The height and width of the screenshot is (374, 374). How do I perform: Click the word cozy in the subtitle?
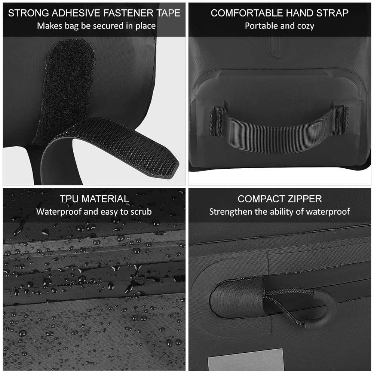tap(305, 26)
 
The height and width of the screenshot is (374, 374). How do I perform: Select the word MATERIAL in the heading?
tap(105, 199)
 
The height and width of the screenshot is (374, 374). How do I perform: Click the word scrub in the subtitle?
tap(141, 212)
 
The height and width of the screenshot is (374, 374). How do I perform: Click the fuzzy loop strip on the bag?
tap(64, 91)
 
